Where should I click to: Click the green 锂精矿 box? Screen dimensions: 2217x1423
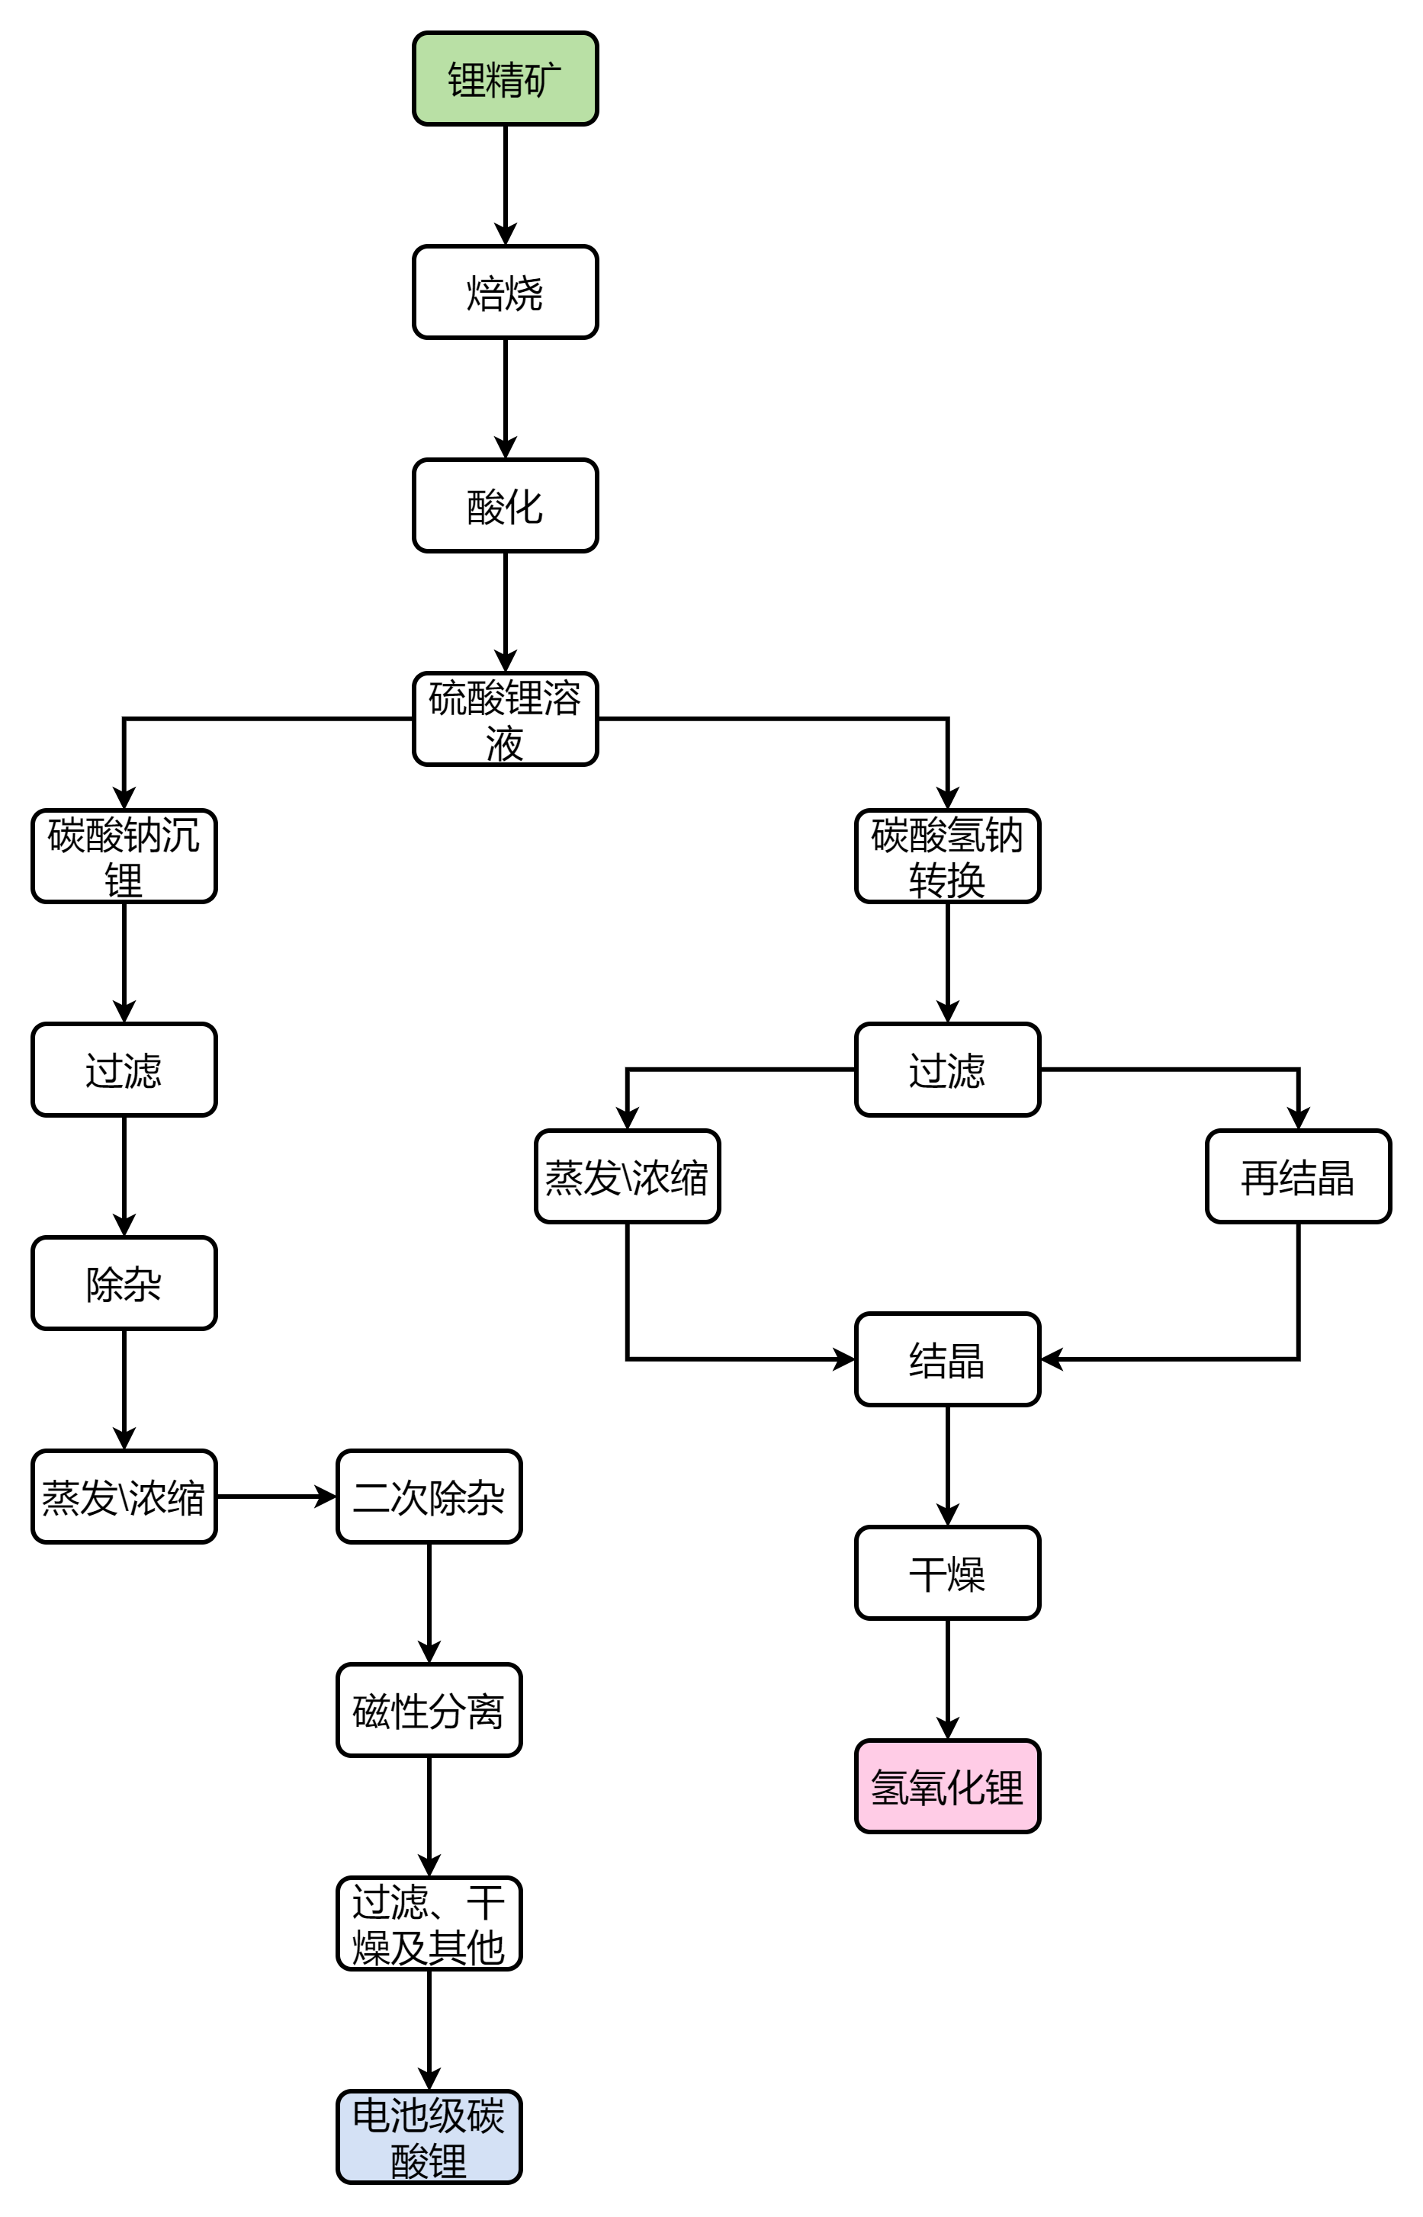click(x=505, y=79)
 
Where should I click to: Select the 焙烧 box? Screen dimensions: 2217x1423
click(x=505, y=292)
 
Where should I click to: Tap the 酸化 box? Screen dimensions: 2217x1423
click(x=505, y=505)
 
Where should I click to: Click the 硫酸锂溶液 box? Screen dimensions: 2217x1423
click(x=505, y=719)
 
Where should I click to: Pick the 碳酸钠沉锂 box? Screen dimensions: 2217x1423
click(x=124, y=856)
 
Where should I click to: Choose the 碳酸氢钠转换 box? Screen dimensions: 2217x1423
click(x=947, y=856)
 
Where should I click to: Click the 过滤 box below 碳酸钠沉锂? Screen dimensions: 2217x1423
click(x=124, y=1070)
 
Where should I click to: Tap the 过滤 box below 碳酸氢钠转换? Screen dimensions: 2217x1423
click(x=947, y=1070)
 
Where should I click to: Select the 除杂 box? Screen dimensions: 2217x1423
click(x=124, y=1283)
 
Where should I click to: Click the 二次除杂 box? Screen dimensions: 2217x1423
click(x=429, y=1497)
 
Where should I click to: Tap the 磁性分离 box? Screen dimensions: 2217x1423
click(x=429, y=1710)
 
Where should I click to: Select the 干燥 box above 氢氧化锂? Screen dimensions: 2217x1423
click(x=947, y=1573)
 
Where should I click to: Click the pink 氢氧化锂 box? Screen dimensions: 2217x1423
click(x=947, y=1786)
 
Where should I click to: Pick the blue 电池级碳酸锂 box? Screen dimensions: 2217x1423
click(x=429, y=2137)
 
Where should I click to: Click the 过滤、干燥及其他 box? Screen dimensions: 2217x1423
click(x=429, y=1923)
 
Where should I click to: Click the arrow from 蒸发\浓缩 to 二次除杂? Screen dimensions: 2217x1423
click(x=275, y=1497)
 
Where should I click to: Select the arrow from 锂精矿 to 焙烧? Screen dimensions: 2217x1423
click(x=505, y=184)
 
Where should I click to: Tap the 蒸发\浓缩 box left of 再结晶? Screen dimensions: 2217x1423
click(x=628, y=1177)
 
